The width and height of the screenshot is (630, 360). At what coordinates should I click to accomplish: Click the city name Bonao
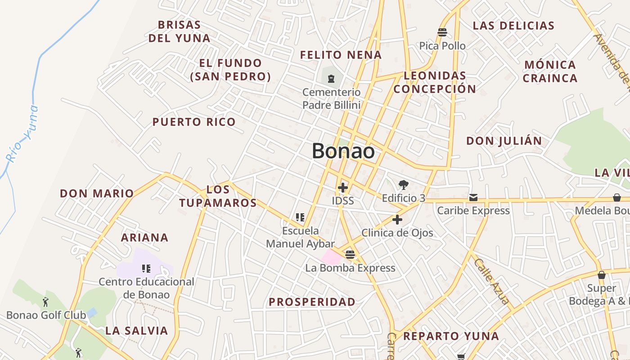point(343,151)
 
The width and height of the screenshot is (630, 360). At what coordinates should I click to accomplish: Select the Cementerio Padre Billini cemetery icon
point(332,79)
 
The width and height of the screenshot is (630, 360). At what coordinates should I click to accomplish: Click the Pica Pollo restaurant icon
point(442,32)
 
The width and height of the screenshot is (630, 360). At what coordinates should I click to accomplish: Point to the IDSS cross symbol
point(343,187)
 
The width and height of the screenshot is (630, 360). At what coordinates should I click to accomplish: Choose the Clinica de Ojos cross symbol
point(397,220)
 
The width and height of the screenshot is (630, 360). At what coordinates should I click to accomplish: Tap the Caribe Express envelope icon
point(473,198)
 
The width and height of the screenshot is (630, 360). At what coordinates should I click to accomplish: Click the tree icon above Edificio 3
point(403,184)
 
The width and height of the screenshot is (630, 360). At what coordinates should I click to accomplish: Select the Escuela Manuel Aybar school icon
point(300,218)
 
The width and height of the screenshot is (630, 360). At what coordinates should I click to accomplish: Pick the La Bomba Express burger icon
point(350,255)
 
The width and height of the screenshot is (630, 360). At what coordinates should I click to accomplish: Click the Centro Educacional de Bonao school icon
point(146,269)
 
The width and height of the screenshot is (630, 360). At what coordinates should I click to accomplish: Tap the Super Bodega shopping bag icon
point(601,275)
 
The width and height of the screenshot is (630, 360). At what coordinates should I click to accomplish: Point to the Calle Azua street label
point(491,282)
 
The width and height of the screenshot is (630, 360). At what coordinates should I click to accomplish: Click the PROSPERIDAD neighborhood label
point(312,302)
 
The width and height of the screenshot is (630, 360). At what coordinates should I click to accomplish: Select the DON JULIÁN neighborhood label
point(504,141)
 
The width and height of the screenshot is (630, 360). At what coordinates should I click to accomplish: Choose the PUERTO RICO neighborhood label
point(193,122)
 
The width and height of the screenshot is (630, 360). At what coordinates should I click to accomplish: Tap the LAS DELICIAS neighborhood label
point(513,26)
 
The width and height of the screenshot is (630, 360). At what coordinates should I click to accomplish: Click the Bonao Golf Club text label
point(46,315)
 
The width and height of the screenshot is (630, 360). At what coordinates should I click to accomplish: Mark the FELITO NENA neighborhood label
point(341,55)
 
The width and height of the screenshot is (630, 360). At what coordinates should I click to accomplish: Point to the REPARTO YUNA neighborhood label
point(450,336)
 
